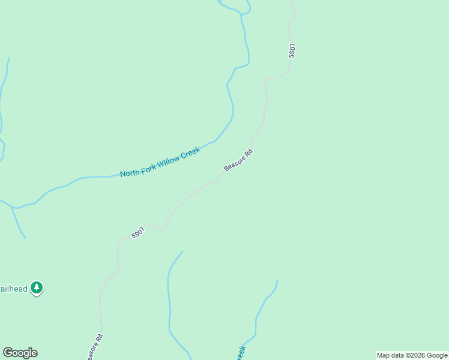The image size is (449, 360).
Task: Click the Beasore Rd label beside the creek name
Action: tap(238, 160)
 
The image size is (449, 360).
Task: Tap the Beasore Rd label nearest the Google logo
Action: tap(95, 347)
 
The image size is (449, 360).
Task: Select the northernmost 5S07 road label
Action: tap(292, 50)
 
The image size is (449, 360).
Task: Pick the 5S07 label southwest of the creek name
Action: tap(138, 232)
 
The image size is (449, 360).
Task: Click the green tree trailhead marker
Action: tap(37, 288)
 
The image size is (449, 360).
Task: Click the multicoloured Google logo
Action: tap(20, 353)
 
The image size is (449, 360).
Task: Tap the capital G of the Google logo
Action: tap(7, 352)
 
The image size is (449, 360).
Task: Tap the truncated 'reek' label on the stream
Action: tap(241, 353)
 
